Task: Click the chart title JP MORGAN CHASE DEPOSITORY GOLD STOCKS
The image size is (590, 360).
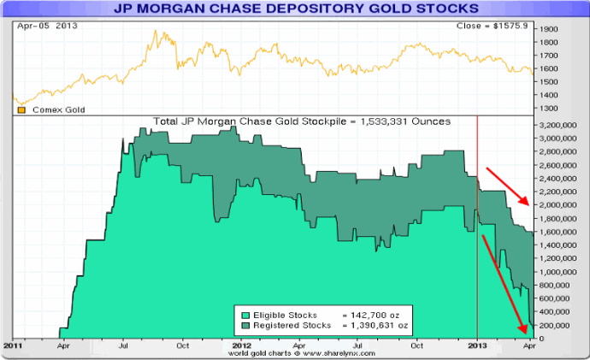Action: (x=295, y=9)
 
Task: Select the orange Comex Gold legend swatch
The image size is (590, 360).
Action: (x=21, y=109)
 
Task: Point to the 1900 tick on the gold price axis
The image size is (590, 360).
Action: (x=549, y=29)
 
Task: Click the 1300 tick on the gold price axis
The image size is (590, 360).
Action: (x=549, y=109)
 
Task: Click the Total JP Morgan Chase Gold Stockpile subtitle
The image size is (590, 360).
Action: (x=302, y=121)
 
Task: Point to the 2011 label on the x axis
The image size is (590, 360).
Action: (x=12, y=345)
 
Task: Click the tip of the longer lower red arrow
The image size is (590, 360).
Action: (x=523, y=332)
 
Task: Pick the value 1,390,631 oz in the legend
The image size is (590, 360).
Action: (x=380, y=326)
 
